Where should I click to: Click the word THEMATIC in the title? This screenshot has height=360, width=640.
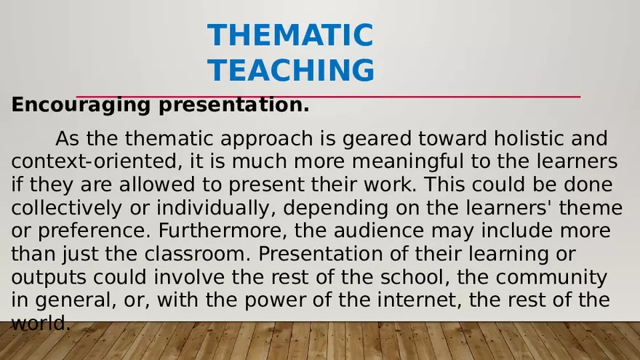(x=289, y=35)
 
